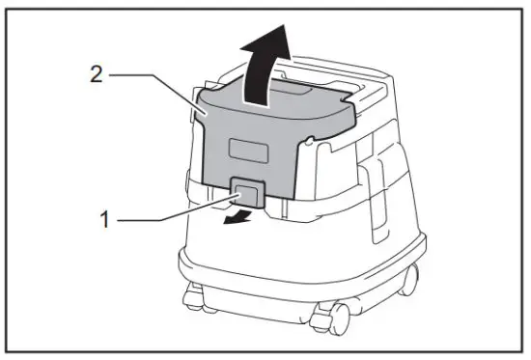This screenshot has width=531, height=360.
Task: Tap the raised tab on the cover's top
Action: pyautogui.click(x=290, y=89)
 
